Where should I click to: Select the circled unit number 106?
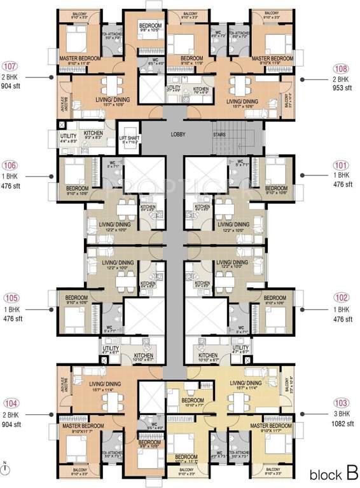(x=11, y=165)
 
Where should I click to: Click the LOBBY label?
(x=177, y=135)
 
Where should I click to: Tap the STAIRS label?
(x=221, y=135)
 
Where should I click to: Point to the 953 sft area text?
(x=342, y=88)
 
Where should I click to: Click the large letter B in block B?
(x=350, y=473)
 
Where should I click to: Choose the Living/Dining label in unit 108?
(x=242, y=101)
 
